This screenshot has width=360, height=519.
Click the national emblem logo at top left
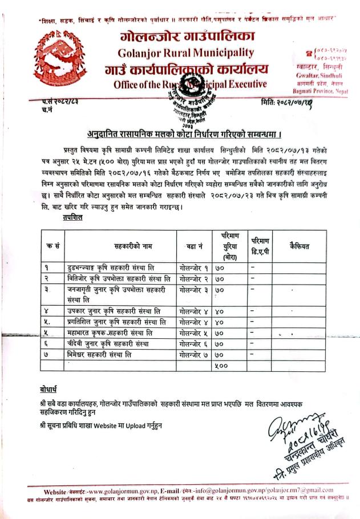pyautogui.click(x=57, y=56)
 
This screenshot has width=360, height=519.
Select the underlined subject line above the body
pyautogui.click(x=184, y=135)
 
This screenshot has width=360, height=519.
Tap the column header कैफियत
pyautogui.click(x=299, y=246)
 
